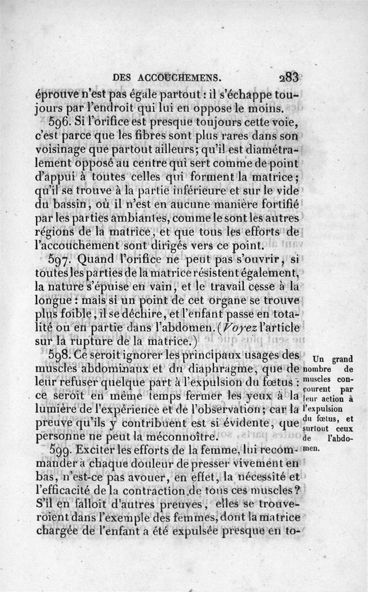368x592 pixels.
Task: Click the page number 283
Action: tap(286, 76)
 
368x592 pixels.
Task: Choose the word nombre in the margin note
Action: tap(317, 370)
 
